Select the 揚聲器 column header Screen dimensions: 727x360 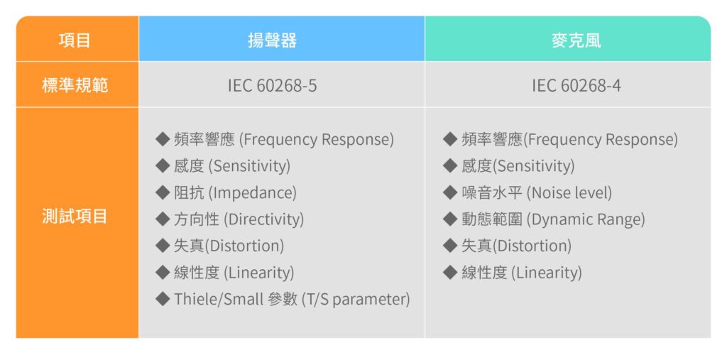pyautogui.click(x=281, y=39)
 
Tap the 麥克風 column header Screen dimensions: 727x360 pyautogui.click(x=567, y=39)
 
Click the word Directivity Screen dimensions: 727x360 pyautogui.click(x=264, y=219)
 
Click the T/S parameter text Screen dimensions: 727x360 pyautogui.click(x=356, y=300)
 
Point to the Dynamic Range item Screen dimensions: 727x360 pyautogui.click(x=586, y=219)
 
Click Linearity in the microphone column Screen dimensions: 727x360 pyautogui.click(x=547, y=273)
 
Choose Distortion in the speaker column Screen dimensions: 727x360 pyautogui.click(x=244, y=246)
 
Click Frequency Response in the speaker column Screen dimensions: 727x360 pyautogui.click(x=316, y=140)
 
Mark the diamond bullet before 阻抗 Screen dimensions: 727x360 pyautogui.click(x=163, y=192)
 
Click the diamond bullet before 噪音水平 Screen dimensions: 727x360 pyautogui.click(x=450, y=192)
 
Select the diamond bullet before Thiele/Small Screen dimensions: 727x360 pyautogui.click(x=163, y=299)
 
